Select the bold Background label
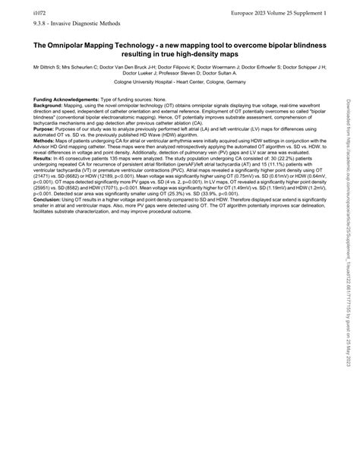click(49, 106)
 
